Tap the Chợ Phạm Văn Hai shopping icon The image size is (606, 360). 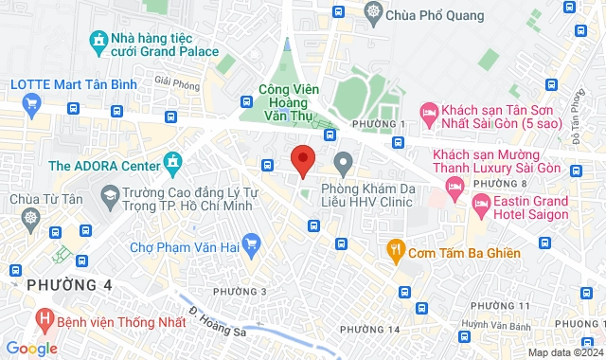(x=251, y=246)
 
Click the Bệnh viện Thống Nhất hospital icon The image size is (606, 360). (x=43, y=320)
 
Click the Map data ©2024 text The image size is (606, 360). (x=564, y=352)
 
